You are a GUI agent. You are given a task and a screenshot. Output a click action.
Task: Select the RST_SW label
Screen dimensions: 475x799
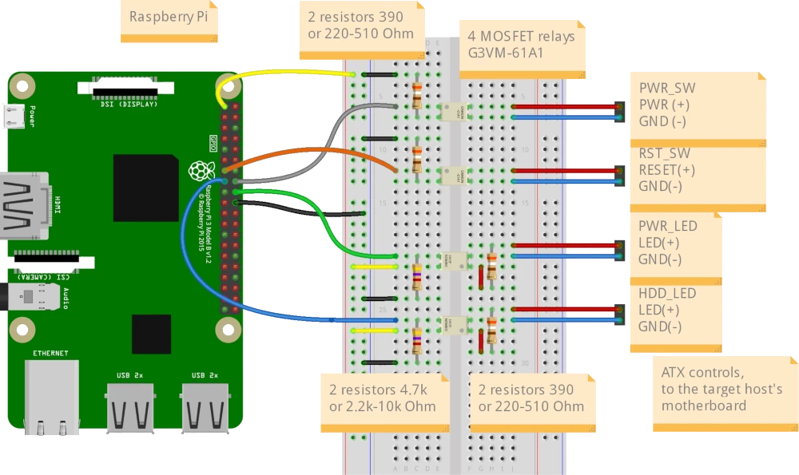(x=664, y=153)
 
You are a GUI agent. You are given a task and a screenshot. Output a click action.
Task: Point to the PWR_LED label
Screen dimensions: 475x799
(x=668, y=226)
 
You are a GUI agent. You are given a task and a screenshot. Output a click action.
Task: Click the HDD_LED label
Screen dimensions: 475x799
(x=667, y=293)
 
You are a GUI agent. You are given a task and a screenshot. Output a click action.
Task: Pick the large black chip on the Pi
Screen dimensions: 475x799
(x=145, y=188)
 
